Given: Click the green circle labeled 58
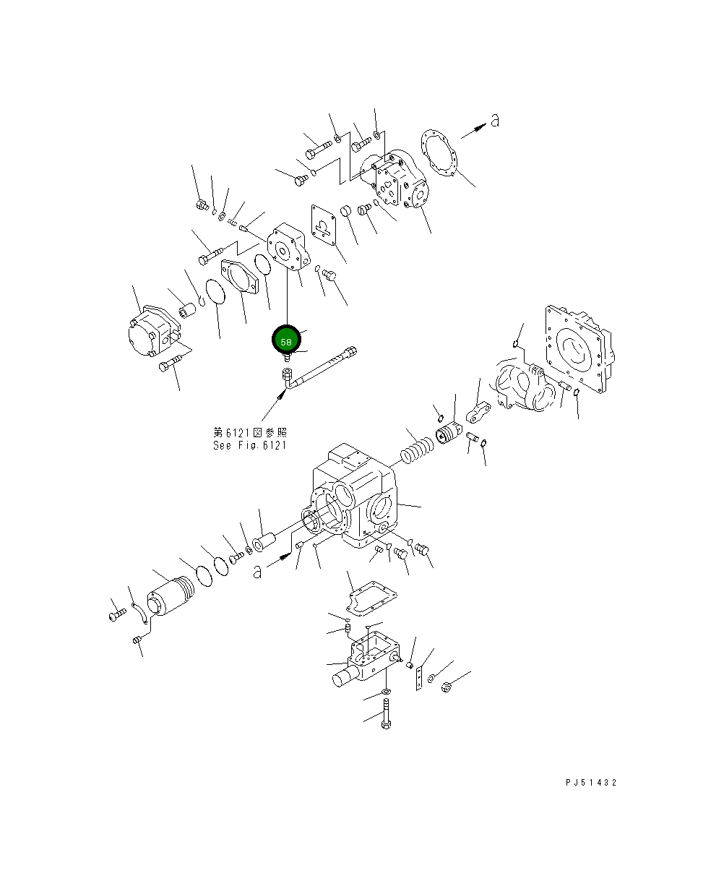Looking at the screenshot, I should (x=286, y=341).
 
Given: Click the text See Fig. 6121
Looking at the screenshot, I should (x=249, y=445).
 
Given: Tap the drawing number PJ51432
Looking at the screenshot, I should (x=591, y=783).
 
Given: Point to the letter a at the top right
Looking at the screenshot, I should (x=494, y=121).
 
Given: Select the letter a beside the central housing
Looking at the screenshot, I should (x=257, y=571).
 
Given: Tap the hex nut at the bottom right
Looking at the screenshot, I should (x=446, y=687).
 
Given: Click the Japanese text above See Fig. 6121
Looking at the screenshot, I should (x=249, y=432).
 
